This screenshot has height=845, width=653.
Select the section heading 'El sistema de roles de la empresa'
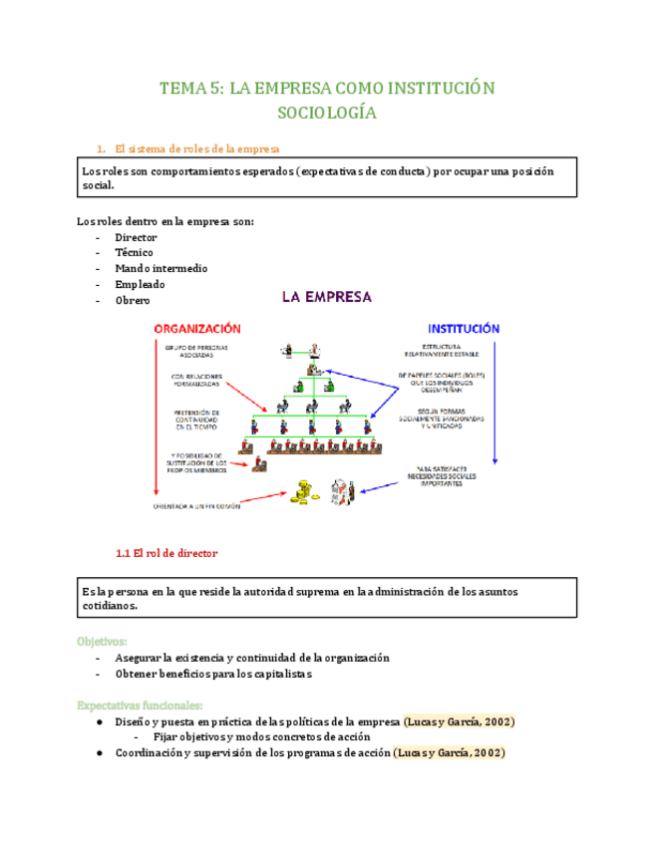coord(198,148)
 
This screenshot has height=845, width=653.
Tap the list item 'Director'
coord(135,237)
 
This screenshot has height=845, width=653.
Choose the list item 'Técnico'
coord(134,253)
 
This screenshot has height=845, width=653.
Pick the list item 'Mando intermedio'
coord(162,268)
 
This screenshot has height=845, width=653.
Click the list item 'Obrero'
coord(132,300)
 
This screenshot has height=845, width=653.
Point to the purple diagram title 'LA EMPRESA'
coord(326,296)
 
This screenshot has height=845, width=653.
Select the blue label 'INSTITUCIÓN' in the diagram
coord(464,328)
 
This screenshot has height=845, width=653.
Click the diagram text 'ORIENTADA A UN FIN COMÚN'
coord(219,504)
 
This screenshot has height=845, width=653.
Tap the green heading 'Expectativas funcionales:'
coord(140,705)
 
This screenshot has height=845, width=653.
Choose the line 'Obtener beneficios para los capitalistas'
coord(213,674)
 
